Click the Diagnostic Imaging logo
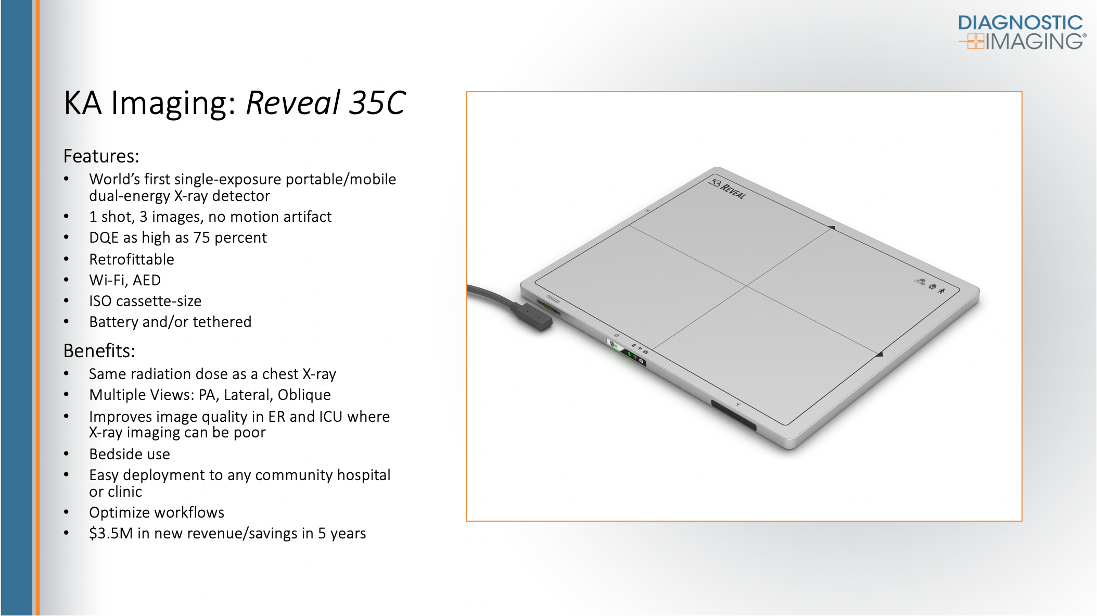tap(1022, 32)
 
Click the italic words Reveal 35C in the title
tap(325, 103)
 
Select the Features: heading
tap(101, 156)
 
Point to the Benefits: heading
tap(99, 351)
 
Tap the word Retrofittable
tap(132, 259)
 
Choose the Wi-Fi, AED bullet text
tap(125, 280)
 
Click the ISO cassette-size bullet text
tap(145, 301)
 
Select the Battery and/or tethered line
tap(170, 322)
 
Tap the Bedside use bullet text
tap(130, 454)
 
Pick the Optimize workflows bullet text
tap(157, 512)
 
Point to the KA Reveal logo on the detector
tap(728, 189)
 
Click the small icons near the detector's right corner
tap(930, 286)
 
